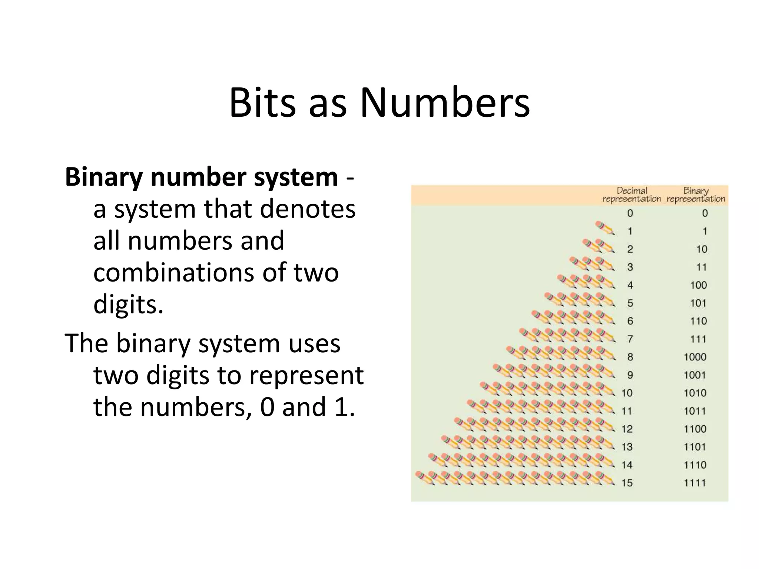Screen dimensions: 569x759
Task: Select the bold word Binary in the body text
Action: [104, 178]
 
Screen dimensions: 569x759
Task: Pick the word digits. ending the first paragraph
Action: [128, 305]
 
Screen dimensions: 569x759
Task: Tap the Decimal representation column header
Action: [632, 195]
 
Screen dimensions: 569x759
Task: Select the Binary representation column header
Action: [696, 195]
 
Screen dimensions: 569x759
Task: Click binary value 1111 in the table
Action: [695, 483]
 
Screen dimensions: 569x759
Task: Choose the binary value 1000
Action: [695, 357]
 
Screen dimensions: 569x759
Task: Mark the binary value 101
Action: [698, 303]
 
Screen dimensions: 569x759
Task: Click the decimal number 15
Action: [627, 483]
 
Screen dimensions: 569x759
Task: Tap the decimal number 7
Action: [630, 339]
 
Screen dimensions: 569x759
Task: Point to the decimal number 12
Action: [627, 429]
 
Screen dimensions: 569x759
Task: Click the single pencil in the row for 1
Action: [605, 228]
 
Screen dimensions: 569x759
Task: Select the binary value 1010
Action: [695, 393]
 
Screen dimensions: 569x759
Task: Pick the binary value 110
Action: [698, 321]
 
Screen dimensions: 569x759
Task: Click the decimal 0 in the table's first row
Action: [630, 213]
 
